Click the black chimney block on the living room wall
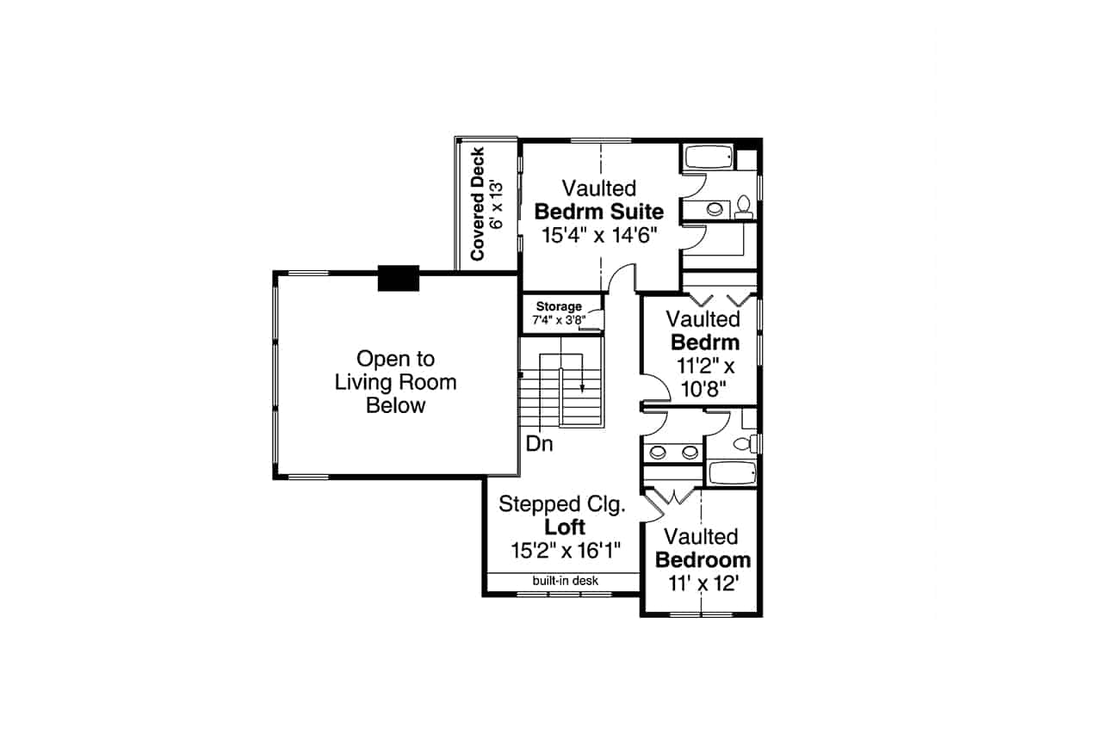[398, 278]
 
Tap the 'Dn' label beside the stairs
[540, 444]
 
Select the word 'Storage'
[559, 306]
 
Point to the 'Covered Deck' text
[477, 204]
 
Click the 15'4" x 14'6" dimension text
[599, 235]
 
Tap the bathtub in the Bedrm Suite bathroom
[708, 157]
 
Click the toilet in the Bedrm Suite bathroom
[743, 207]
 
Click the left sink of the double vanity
[659, 451]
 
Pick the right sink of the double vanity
[687, 451]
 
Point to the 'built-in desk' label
[565, 581]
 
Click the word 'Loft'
[565, 527]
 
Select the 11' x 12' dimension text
[703, 583]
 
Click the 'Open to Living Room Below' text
[396, 382]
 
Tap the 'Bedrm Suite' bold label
[599, 212]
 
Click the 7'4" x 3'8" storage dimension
[559, 320]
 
